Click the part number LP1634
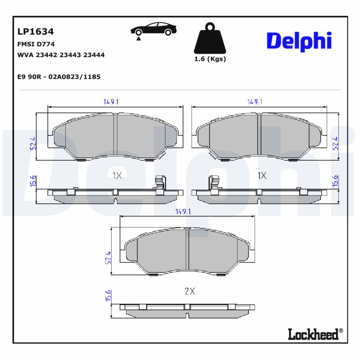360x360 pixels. click(36, 32)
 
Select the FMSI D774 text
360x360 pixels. click(36, 44)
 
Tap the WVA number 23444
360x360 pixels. click(95, 55)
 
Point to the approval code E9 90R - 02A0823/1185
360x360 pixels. click(58, 76)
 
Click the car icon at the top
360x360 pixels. click(153, 30)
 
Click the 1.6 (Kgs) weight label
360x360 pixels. click(210, 59)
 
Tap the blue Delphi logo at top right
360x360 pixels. click(299, 41)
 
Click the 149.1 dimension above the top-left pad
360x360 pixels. click(111, 102)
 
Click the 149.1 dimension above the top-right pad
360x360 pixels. click(255, 102)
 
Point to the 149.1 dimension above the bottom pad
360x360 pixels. click(184, 211)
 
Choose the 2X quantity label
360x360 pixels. click(189, 291)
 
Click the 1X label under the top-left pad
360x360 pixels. click(117, 175)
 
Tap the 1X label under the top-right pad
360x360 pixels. click(262, 175)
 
